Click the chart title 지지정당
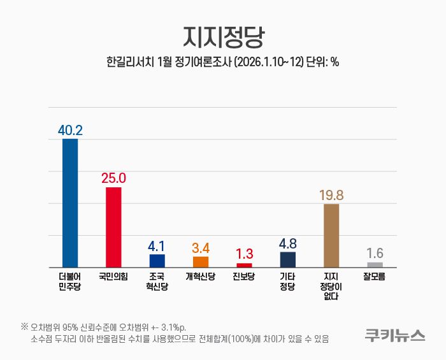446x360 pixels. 222,37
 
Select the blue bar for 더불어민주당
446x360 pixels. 70,203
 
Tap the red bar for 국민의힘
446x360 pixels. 113,227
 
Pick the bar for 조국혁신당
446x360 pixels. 157,261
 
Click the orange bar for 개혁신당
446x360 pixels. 201,262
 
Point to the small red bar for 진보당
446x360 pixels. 244,264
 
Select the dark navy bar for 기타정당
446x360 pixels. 287,259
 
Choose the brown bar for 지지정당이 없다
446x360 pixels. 331,235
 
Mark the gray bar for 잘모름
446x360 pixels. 375,264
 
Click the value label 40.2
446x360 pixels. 70,130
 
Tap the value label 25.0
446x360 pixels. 113,178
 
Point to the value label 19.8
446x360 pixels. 331,194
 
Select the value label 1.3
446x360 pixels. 244,253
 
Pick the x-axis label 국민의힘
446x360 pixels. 113,277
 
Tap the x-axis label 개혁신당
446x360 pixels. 201,277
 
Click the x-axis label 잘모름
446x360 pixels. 375,277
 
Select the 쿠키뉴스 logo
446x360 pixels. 395,335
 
